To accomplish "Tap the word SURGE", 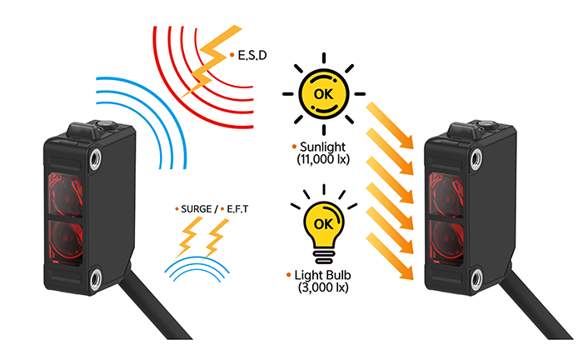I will tap(197, 207).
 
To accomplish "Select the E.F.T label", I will tap(237, 207).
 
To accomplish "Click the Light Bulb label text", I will tap(322, 274).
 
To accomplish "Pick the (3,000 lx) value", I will tap(322, 287).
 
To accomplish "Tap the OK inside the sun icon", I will tap(324, 92).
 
